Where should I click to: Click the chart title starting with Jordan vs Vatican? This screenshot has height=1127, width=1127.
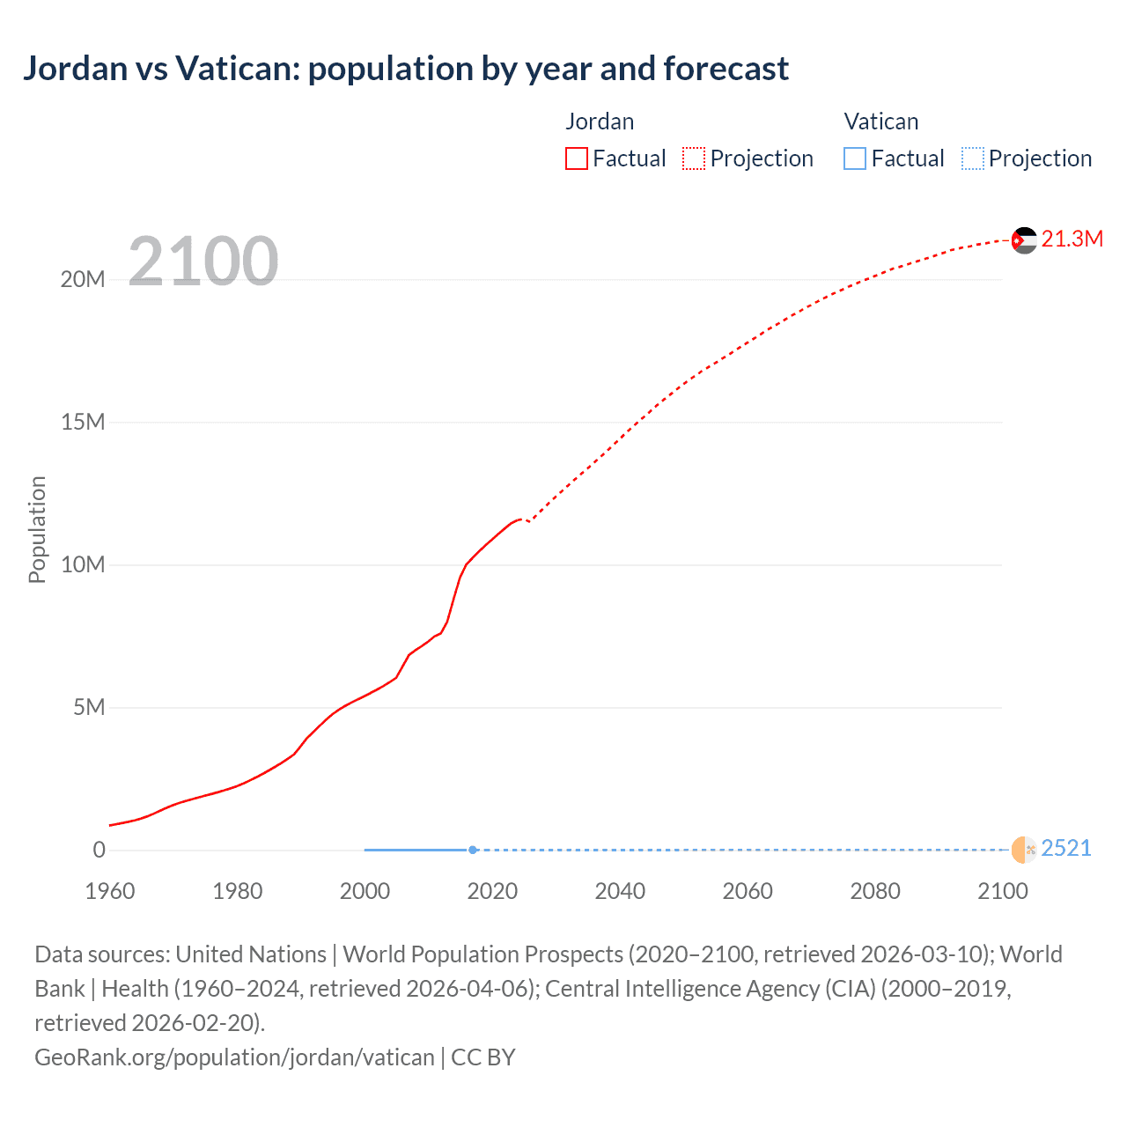[405, 69]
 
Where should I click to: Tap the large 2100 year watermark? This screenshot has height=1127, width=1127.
[203, 261]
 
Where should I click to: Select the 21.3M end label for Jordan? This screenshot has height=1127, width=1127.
[1072, 239]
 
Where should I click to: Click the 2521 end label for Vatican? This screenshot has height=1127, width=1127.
[1065, 849]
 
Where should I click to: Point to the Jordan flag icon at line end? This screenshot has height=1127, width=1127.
[1024, 239]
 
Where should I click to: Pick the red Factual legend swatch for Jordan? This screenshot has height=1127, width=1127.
[577, 158]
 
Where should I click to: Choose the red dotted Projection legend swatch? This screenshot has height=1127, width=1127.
[694, 158]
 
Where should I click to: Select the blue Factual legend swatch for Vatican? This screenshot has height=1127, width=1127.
[855, 158]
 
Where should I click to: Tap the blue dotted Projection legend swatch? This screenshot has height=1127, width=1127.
[973, 158]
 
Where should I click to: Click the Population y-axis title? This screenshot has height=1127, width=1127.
[37, 529]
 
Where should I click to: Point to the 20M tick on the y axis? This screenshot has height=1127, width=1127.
[83, 280]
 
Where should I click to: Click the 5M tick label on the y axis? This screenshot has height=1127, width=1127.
[89, 708]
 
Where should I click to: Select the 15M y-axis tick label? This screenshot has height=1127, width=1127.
[83, 423]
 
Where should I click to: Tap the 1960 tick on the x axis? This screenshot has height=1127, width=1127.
[110, 891]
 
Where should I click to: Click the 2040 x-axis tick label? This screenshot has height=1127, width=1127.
[620, 891]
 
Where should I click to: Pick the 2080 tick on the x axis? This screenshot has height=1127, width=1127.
[875, 891]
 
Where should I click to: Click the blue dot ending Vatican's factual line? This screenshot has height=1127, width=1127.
[473, 850]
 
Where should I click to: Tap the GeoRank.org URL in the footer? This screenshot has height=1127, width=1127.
[234, 1057]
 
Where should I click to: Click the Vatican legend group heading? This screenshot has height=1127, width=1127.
[880, 122]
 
